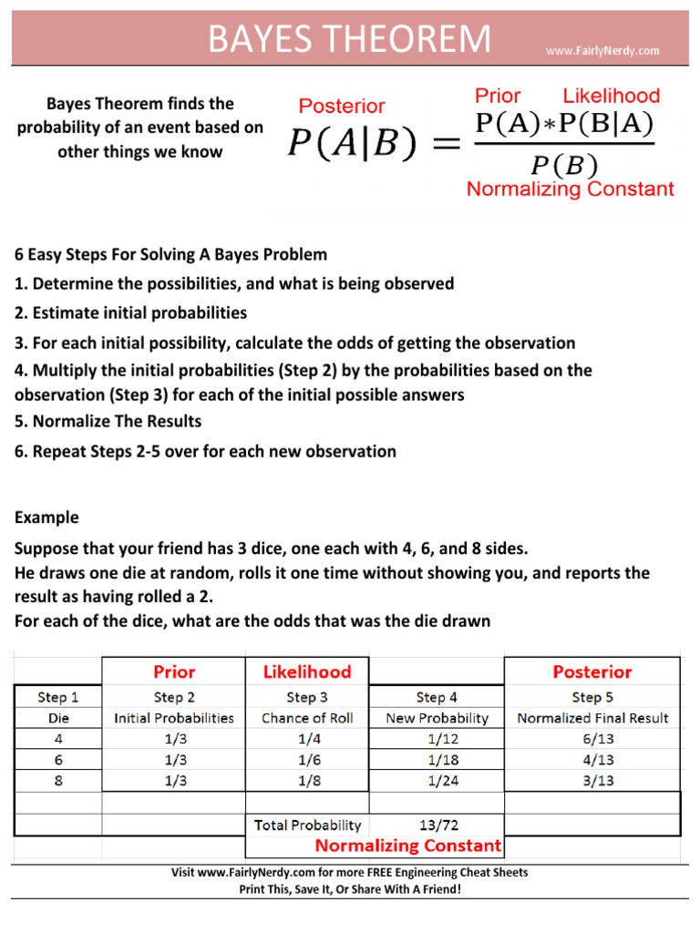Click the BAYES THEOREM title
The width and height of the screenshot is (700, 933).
coord(349,40)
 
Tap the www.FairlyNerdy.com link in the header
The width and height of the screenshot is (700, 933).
coord(602,51)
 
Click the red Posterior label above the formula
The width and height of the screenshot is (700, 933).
coord(342,107)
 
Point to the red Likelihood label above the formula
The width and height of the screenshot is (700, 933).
coord(611,96)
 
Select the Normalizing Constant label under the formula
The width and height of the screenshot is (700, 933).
coord(570,189)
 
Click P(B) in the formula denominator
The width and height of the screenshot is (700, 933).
coord(564,164)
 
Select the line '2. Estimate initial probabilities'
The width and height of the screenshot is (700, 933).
coord(130,313)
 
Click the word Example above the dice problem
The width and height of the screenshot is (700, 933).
coord(46,518)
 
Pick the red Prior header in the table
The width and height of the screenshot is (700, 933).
coord(174,672)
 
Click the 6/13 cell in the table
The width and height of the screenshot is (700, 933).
coord(592,739)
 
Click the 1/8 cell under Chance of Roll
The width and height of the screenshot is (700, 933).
coord(307,781)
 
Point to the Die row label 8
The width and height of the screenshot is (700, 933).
coord(57,781)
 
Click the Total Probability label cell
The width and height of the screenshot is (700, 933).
coord(307,825)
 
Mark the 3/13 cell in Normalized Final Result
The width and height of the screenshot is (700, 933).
coord(592,781)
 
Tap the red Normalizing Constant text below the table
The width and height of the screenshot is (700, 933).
coord(407,846)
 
